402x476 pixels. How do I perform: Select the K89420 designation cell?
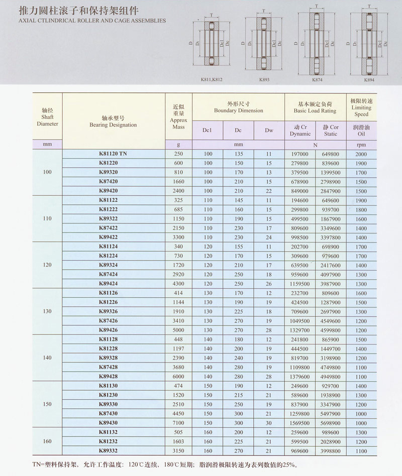click(x=109, y=191)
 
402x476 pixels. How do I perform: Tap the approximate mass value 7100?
click(x=178, y=423)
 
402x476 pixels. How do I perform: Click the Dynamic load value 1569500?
click(x=300, y=423)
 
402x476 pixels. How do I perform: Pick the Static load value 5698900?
click(x=331, y=423)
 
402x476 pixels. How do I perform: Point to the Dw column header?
click(x=269, y=131)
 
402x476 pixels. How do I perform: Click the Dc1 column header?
click(x=207, y=131)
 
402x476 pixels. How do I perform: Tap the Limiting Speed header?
click(x=361, y=107)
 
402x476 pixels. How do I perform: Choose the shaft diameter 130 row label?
click(x=47, y=311)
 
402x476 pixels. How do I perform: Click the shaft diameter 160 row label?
click(x=47, y=441)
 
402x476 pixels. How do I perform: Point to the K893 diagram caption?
click(x=263, y=79)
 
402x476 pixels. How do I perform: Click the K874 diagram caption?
click(x=317, y=79)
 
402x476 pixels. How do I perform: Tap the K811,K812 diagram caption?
click(x=208, y=79)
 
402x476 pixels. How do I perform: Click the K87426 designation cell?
click(x=109, y=321)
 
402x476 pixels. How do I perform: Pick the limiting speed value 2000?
click(x=361, y=154)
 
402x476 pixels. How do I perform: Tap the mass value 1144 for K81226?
click(x=178, y=302)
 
